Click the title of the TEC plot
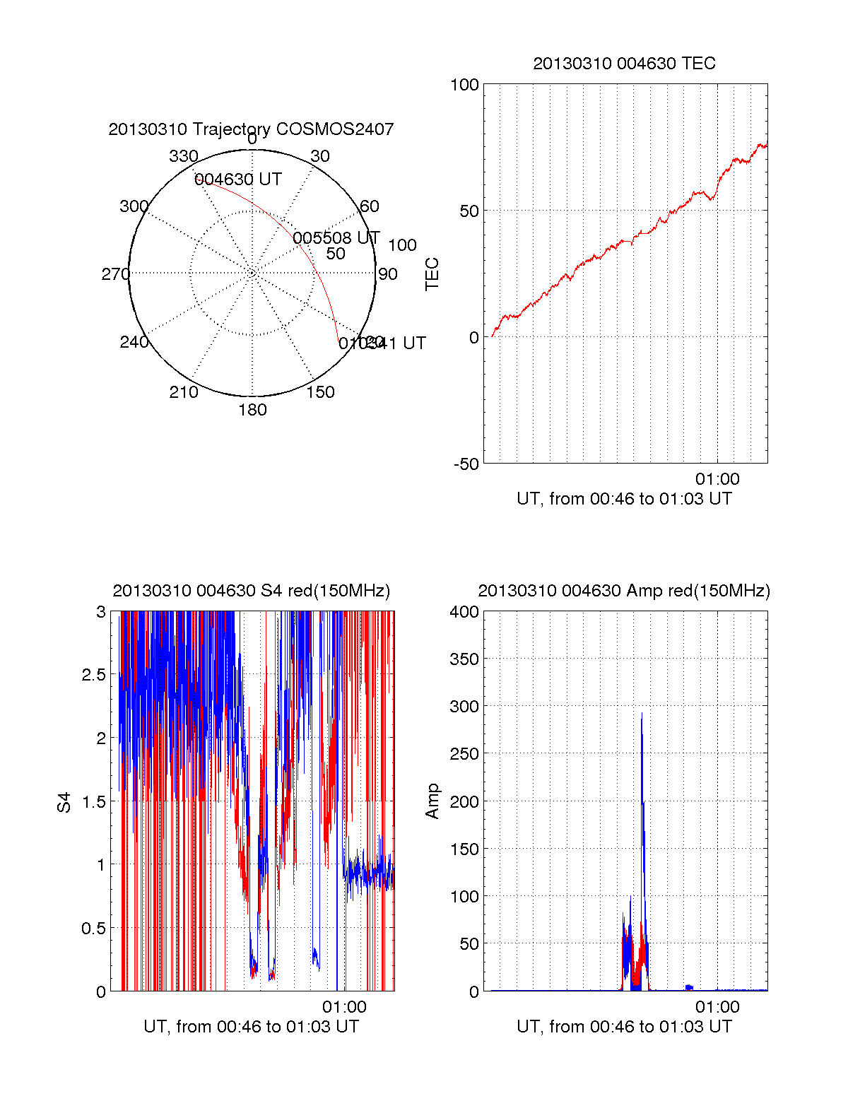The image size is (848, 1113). click(x=624, y=64)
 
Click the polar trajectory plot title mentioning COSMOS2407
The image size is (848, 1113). click(x=251, y=129)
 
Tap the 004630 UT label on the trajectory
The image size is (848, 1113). click(x=238, y=179)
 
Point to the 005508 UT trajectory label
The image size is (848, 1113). click(x=336, y=238)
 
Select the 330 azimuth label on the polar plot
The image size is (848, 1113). click(x=183, y=156)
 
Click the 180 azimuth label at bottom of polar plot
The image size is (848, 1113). click(x=252, y=410)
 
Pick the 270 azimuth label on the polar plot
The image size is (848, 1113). click(x=115, y=274)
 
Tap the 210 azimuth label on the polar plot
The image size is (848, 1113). click(x=183, y=392)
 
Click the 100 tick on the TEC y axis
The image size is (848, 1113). click(x=464, y=85)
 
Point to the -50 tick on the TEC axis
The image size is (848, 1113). click(x=466, y=464)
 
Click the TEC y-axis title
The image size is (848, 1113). click(x=432, y=274)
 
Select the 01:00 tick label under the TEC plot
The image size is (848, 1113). click(x=717, y=479)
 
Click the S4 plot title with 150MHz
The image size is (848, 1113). click(x=251, y=591)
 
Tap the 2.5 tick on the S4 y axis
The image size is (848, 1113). click(x=94, y=675)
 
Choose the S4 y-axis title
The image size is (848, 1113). click(x=64, y=802)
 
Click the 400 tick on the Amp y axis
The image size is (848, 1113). click(x=464, y=612)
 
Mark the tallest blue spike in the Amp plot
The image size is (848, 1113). click(x=642, y=715)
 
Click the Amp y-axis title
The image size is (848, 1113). click(x=432, y=801)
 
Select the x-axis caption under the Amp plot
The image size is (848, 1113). click(x=624, y=1027)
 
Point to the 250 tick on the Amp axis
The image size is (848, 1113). click(x=464, y=754)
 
